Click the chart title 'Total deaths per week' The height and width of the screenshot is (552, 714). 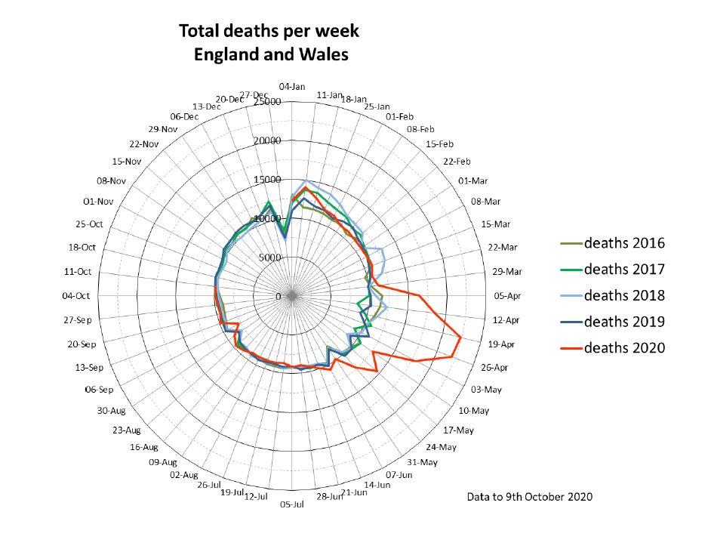click(x=269, y=32)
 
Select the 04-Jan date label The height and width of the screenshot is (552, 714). click(x=291, y=86)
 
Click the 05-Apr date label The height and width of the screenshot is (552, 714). click(x=508, y=296)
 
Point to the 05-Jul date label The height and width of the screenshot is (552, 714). click(x=291, y=504)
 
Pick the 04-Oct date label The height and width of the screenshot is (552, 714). click(x=76, y=296)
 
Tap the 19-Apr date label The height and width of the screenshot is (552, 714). click(x=500, y=344)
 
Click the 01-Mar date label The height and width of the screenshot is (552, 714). click(x=474, y=181)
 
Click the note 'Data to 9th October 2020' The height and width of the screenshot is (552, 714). click(x=530, y=497)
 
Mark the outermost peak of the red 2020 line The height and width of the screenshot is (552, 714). click(x=461, y=338)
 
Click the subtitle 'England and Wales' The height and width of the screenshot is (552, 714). click(x=270, y=55)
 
